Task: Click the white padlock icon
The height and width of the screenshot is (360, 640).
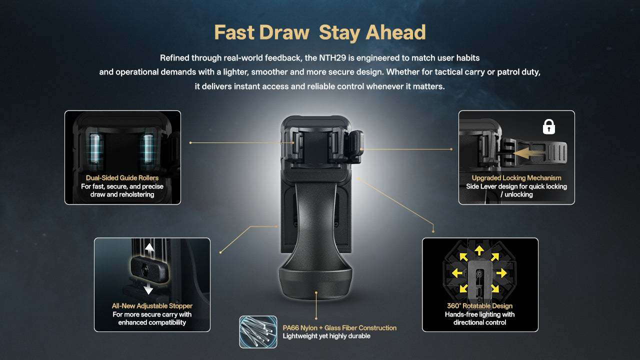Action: [x=549, y=127]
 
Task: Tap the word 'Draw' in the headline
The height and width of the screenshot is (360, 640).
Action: [x=284, y=32]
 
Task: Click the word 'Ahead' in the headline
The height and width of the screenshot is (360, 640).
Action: [x=395, y=32]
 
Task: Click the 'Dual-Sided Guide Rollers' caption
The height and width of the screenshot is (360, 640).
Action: [x=122, y=178]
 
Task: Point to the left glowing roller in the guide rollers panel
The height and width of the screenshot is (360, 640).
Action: [x=95, y=149]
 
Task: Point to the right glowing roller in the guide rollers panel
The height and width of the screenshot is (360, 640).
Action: [x=147, y=149]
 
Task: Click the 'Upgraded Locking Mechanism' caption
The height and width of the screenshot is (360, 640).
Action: [x=516, y=178]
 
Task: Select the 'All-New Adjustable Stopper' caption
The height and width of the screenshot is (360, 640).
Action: [x=152, y=306]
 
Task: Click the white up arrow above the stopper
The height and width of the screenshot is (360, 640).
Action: [x=149, y=250]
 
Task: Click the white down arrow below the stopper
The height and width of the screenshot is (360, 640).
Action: [x=148, y=288]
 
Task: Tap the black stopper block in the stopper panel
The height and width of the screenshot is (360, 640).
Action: [x=148, y=269]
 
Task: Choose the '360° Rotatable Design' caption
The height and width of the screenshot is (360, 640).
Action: [x=479, y=306]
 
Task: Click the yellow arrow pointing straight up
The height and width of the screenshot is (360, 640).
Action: [x=479, y=250]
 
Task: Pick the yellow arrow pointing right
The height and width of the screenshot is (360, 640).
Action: [x=501, y=273]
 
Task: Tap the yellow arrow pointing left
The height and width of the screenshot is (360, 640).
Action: [x=457, y=273]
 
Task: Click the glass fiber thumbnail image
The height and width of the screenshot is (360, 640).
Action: [x=258, y=332]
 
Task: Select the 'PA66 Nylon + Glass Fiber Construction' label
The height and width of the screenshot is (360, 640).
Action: [x=339, y=328]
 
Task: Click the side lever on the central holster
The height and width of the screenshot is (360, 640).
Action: [x=356, y=146]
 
